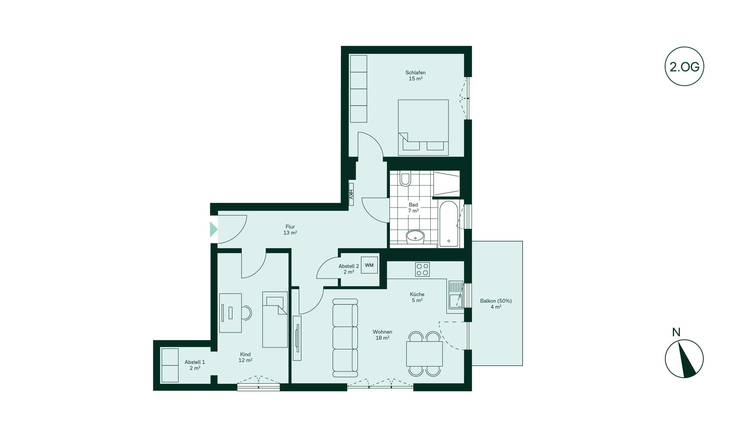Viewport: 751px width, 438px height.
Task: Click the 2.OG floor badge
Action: coord(684,66)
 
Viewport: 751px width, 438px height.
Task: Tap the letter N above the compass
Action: coord(676,333)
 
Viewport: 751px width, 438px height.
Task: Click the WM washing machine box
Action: coord(369,265)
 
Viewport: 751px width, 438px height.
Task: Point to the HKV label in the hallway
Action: coord(351,194)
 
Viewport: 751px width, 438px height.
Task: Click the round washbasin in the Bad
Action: coord(415,237)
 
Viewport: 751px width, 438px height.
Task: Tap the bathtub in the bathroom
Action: coord(449,224)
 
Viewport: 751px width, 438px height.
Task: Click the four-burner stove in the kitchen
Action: coord(423,269)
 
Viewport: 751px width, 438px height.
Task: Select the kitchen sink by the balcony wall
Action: coord(456,295)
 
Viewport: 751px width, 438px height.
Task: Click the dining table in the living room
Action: coord(425,354)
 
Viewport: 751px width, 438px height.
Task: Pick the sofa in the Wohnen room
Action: coord(345,338)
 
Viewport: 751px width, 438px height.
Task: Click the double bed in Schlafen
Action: coord(423,127)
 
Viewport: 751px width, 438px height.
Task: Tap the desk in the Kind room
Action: coord(230,313)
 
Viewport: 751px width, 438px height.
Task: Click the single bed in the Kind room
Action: coord(275,319)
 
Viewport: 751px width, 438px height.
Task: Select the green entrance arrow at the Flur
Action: coord(214,229)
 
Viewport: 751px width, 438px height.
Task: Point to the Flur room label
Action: coord(290,230)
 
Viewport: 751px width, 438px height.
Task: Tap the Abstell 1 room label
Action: coord(195,365)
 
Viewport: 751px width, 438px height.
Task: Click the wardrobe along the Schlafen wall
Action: coord(358,89)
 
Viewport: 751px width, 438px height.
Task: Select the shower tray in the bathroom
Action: coord(447,184)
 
